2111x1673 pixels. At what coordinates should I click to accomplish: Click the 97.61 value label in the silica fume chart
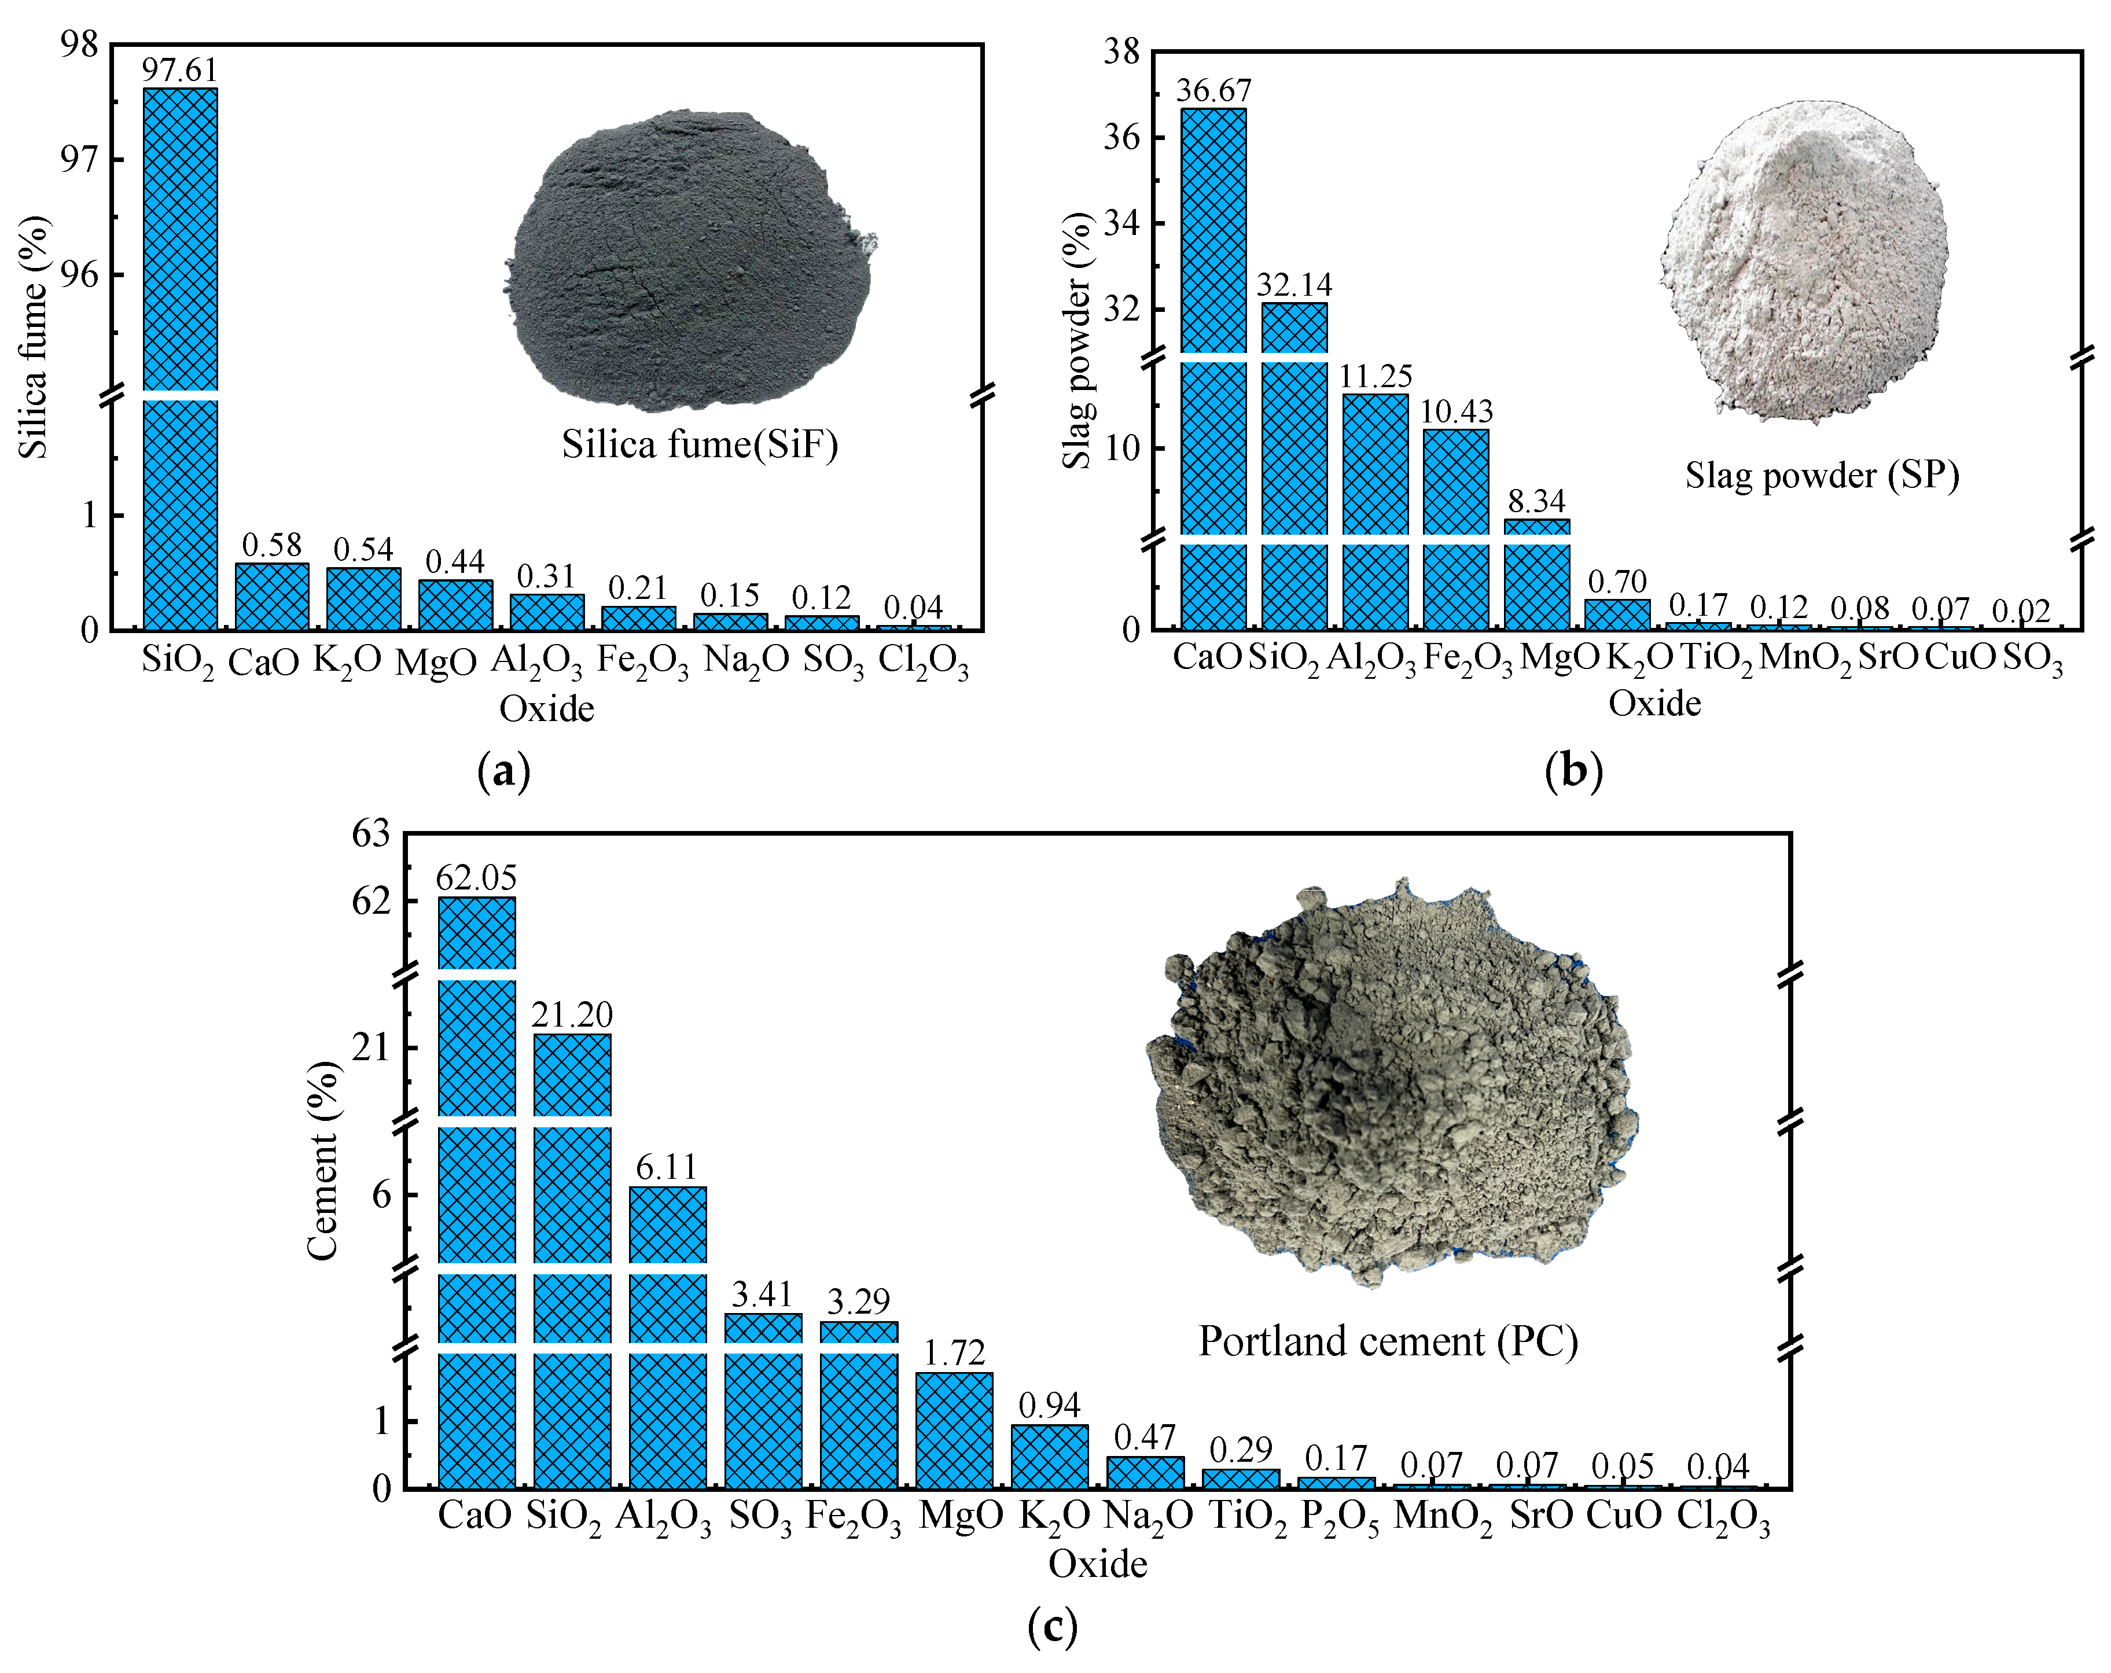coord(179,71)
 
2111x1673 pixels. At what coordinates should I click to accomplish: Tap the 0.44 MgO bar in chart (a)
coord(455,605)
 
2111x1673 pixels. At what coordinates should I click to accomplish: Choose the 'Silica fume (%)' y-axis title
coord(34,338)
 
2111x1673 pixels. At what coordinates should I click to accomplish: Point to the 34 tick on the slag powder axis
coord(1120,224)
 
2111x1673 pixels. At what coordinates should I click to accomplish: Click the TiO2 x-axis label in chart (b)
coord(1716,659)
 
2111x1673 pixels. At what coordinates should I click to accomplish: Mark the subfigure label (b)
coord(1572,771)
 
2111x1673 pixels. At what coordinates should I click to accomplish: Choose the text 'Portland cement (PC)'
coord(1388,1341)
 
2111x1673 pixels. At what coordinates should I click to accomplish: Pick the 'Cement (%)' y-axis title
coord(322,1160)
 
